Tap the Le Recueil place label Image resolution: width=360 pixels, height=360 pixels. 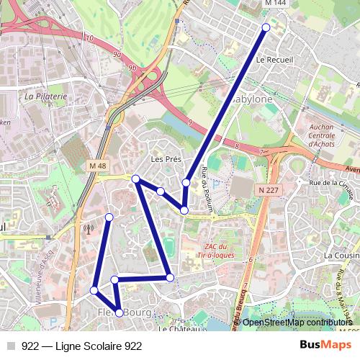pos(275,60)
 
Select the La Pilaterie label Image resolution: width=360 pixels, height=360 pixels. pos(45,95)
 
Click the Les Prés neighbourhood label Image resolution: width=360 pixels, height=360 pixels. pos(165,158)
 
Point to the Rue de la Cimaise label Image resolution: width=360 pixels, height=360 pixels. pos(330,183)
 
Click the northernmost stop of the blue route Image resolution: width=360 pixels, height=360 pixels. pos(266,27)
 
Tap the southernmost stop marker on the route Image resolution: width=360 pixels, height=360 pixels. pos(119,312)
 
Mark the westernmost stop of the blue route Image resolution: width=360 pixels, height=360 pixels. pos(94,290)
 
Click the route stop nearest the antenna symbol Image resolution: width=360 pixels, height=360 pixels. pos(109,217)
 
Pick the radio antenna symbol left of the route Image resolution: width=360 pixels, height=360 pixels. pos(89,230)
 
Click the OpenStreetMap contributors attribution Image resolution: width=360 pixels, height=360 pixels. pos(297,323)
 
